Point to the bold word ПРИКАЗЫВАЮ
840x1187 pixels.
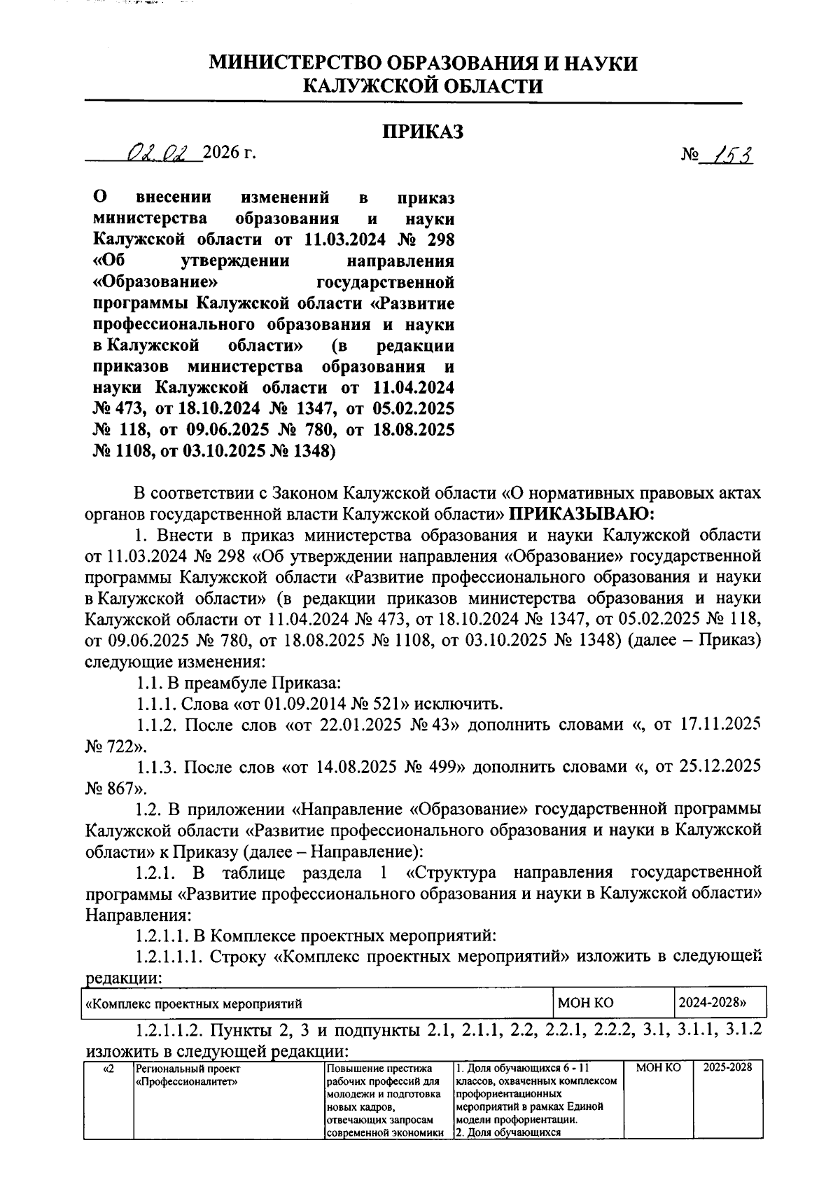(580, 515)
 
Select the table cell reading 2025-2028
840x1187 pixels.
(728, 1068)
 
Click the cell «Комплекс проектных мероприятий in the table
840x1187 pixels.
(193, 1004)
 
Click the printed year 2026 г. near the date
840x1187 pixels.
(228, 153)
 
